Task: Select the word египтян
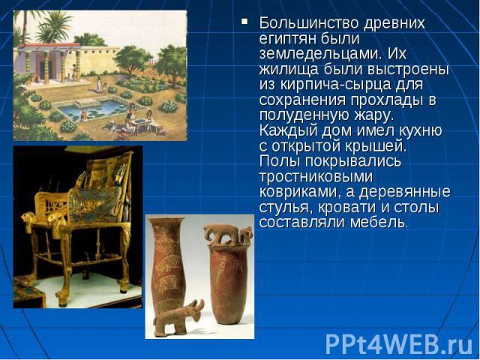click(x=284, y=37)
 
